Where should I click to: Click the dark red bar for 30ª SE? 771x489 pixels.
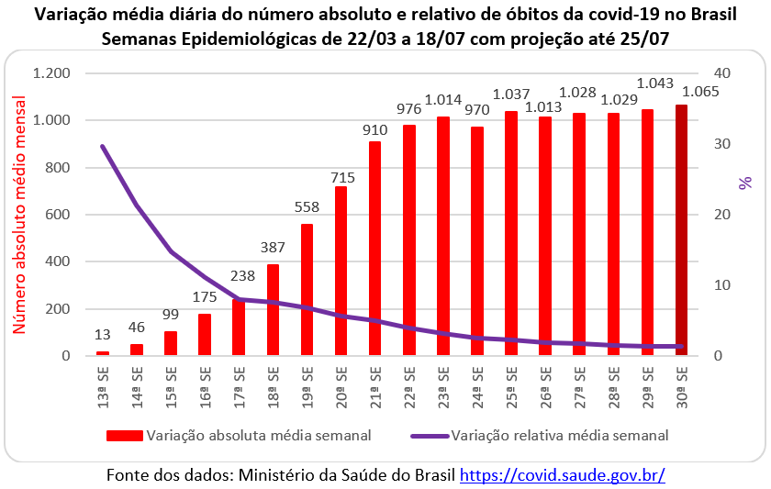(x=681, y=229)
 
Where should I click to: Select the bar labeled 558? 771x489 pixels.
(x=307, y=289)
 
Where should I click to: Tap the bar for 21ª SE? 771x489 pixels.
(x=374, y=248)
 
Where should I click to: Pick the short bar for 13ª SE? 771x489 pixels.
(x=103, y=353)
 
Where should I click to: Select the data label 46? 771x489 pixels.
(x=137, y=326)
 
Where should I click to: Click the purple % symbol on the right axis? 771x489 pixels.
(x=745, y=183)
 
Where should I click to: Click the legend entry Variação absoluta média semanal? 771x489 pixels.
(x=258, y=435)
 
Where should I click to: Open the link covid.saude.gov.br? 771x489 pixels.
(x=562, y=475)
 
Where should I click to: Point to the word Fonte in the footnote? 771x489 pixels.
(x=128, y=475)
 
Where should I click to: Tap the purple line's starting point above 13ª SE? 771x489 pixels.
(x=103, y=146)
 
